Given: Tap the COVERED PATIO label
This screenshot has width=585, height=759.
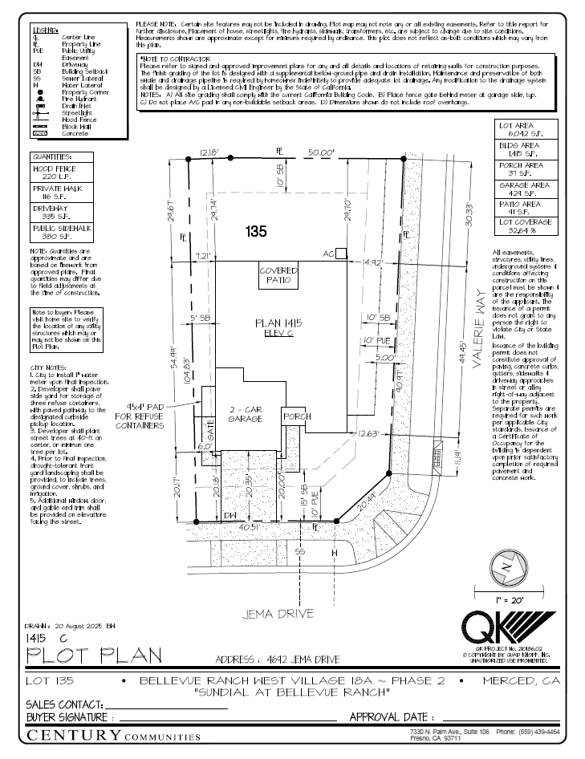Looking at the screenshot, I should [x=278, y=277].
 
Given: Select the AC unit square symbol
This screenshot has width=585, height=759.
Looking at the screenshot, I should [x=341, y=254].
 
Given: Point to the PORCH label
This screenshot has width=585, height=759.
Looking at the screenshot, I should [x=295, y=416].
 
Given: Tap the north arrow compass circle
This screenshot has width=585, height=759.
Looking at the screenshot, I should [x=506, y=566].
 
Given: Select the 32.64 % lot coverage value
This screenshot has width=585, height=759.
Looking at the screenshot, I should [x=523, y=231].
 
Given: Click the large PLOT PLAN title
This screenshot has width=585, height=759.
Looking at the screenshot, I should [x=95, y=655].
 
